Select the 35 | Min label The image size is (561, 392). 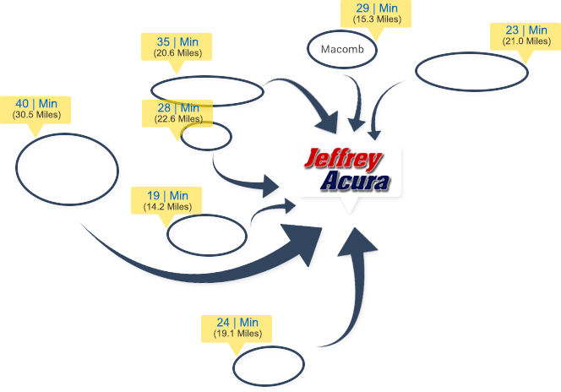click(177, 46)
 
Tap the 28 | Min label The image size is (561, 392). click(177, 113)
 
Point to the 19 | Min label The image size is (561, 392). click(167, 200)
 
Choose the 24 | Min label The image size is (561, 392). click(237, 327)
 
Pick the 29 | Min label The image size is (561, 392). click(376, 14)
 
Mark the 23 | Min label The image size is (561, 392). click(526, 35)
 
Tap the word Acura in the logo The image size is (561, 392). click(355, 182)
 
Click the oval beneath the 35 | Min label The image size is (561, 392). click(207, 91)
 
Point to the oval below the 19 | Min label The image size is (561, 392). click(205, 233)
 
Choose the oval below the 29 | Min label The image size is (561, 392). click(343, 50)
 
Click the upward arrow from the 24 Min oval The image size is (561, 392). click(355, 287)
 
